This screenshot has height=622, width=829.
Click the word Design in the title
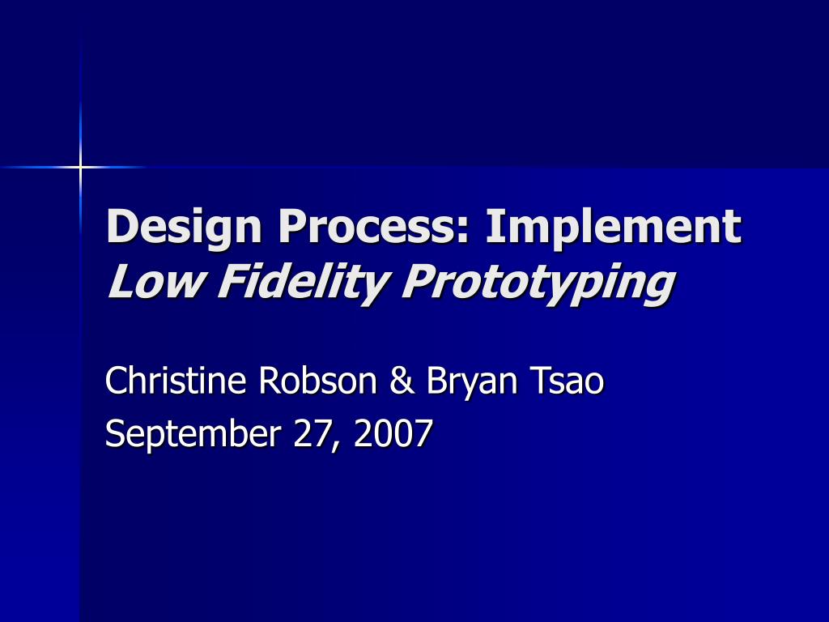[x=184, y=228]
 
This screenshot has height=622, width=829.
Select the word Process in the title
[x=368, y=226]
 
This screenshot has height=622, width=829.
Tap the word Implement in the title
[x=614, y=228]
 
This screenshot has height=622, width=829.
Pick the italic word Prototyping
[x=538, y=283]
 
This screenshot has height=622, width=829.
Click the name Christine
[x=176, y=380]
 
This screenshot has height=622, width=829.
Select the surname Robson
[x=317, y=380]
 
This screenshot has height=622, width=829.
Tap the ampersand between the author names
[x=402, y=381]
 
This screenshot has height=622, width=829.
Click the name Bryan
[x=472, y=382]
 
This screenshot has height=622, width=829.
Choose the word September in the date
[x=193, y=435]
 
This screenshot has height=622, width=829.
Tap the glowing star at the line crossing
[x=80, y=167]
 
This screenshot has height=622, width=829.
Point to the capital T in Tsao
[x=540, y=381]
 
